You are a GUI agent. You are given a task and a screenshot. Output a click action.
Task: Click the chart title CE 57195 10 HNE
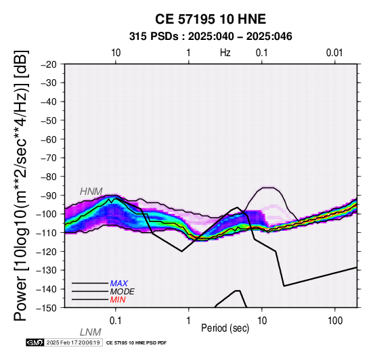tap(211, 19)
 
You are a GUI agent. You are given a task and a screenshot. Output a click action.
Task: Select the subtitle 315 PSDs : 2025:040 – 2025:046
tap(211, 37)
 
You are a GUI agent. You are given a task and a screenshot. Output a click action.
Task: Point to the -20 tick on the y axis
tap(49, 64)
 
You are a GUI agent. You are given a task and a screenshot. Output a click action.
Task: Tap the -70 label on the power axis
tap(49, 158)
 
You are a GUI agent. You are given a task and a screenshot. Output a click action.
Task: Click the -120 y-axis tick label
tap(47, 252)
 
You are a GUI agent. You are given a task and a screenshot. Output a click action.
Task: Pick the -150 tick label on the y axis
tap(47, 308)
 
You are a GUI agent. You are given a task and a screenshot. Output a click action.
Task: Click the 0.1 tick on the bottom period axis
tap(116, 321)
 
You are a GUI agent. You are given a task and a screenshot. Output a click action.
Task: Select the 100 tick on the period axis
tap(335, 321)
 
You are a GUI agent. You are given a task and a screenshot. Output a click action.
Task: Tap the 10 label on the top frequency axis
tap(116, 53)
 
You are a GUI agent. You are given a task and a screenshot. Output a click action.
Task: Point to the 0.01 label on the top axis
tap(334, 53)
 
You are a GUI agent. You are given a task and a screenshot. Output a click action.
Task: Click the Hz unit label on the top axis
tap(225, 53)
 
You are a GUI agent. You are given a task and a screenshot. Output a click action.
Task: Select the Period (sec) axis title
tap(225, 328)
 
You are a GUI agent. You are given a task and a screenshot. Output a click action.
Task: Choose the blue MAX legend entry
tap(119, 284)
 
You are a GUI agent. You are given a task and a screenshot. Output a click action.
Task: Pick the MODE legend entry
tap(123, 292)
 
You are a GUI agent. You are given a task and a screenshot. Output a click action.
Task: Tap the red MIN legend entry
tap(118, 300)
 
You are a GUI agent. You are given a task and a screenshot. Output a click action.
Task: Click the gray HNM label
tap(91, 192)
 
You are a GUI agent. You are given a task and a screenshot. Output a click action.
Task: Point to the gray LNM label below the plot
tap(91, 332)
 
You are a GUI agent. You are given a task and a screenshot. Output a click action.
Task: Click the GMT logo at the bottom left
tap(35, 342)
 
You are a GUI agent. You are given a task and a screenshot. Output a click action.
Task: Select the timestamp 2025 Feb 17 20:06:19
tap(73, 342)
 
